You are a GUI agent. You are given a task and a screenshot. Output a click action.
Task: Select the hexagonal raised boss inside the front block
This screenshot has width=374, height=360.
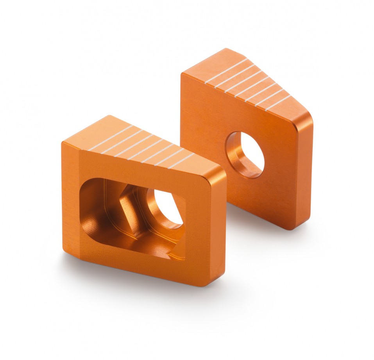[x=129, y=207]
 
